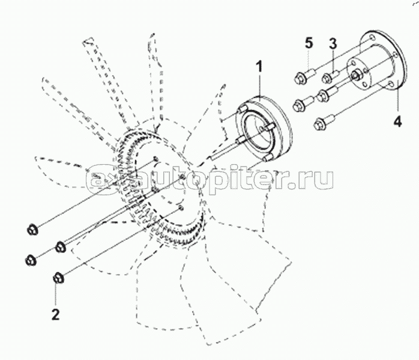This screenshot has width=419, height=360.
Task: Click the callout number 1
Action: (x=259, y=67)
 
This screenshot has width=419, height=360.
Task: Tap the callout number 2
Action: (x=55, y=314)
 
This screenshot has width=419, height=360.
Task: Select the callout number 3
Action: (x=333, y=43)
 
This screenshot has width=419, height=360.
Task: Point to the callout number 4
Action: (x=397, y=121)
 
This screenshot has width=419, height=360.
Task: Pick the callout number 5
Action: (x=309, y=43)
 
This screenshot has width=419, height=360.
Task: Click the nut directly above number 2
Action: (x=58, y=278)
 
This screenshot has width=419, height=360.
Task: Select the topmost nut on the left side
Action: (x=33, y=230)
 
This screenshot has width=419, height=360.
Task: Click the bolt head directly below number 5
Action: (x=300, y=78)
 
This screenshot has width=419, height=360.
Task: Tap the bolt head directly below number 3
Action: (x=327, y=78)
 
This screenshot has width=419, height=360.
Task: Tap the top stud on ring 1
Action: (x=242, y=110)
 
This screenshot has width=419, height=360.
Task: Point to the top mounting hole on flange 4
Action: (x=370, y=38)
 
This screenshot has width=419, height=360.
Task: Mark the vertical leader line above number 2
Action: (x=56, y=294)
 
